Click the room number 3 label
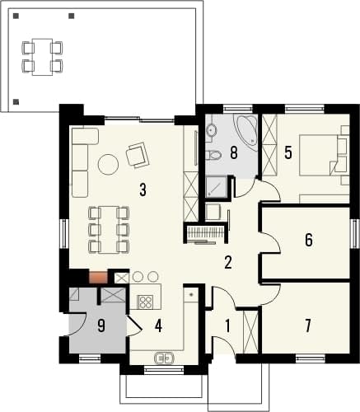[143, 190]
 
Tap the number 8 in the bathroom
[234, 152]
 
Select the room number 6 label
[309, 240]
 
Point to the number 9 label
[101, 326]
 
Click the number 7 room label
[308, 325]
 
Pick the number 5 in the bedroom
[288, 152]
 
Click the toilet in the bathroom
[213, 156]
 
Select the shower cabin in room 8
[217, 187]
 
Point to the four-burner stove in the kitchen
[145, 302]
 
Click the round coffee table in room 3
[108, 164]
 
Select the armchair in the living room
[138, 155]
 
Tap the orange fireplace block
[98, 277]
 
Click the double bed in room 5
[319, 155]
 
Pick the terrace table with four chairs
[42, 57]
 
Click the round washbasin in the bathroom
[212, 129]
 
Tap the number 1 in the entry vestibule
[227, 326]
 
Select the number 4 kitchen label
[158, 326]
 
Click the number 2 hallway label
[228, 263]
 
